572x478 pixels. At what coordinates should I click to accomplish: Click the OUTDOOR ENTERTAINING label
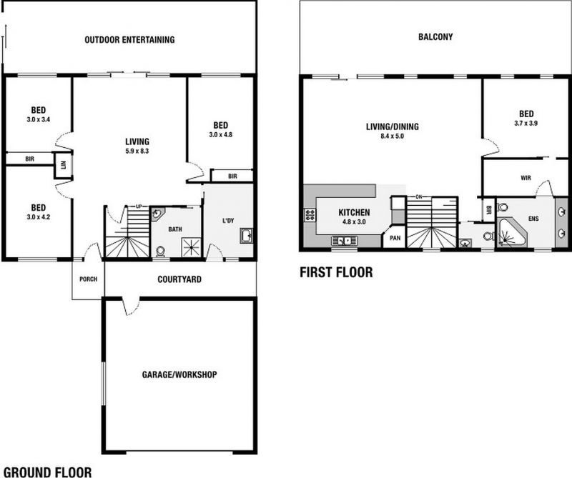coord(129,39)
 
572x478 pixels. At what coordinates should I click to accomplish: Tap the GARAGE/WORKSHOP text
coord(179,374)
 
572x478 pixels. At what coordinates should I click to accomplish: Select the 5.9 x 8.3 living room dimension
coord(137,151)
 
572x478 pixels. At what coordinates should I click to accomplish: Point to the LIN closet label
coord(63,165)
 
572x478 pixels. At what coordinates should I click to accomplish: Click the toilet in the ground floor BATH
coord(159,252)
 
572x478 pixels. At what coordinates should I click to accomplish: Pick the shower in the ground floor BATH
coord(192,247)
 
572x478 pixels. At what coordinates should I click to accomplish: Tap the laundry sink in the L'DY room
coord(246,236)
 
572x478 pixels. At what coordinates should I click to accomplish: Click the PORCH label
coord(88,279)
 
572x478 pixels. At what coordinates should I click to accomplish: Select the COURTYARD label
coord(179,279)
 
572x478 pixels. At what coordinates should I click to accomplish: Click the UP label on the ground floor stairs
coord(139,206)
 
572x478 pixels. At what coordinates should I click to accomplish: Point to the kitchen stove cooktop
coord(310,215)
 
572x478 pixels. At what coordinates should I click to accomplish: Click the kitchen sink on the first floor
coord(345,241)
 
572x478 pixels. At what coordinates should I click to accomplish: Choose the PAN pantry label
coord(395,238)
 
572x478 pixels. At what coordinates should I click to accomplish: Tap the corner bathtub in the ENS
coord(511,233)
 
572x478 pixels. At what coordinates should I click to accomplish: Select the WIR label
coord(526,178)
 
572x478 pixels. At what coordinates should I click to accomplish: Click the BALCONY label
coord(435,36)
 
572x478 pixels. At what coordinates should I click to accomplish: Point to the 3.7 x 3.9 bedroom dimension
coord(526,123)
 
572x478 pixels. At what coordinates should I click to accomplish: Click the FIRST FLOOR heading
coord(336,272)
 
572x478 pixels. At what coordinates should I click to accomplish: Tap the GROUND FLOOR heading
coord(47,472)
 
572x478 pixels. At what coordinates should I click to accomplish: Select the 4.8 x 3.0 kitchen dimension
coord(354,221)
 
